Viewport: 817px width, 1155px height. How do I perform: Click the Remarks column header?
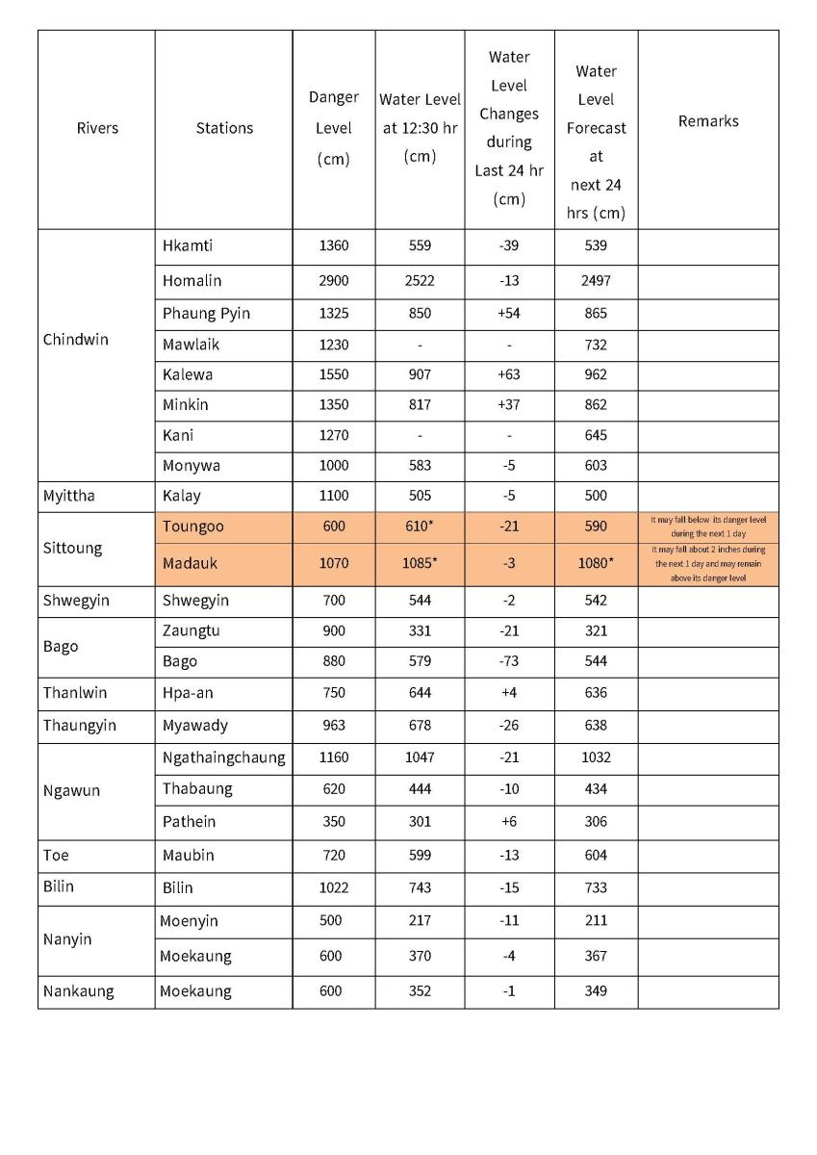[x=708, y=121]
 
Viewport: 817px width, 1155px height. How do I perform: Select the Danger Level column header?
[x=333, y=128]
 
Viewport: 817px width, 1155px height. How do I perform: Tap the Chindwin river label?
[x=76, y=340]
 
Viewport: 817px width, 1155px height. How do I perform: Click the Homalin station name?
[x=191, y=281]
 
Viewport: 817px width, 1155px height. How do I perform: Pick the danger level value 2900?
[x=333, y=281]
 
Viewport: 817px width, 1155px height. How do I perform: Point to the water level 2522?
[x=420, y=281]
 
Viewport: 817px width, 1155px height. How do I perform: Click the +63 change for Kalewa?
[x=509, y=374]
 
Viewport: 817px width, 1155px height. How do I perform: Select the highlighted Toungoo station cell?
[x=192, y=527]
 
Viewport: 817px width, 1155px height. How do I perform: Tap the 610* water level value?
[x=421, y=527]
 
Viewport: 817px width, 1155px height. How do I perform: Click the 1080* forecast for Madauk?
[x=597, y=563]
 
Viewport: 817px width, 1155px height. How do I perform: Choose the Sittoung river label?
[x=72, y=548]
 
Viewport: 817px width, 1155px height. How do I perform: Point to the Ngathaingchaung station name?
[x=223, y=757]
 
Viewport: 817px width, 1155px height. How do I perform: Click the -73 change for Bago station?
[x=509, y=661]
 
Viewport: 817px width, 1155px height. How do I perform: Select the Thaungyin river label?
[x=79, y=725]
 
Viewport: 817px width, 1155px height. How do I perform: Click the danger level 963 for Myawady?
[x=333, y=725]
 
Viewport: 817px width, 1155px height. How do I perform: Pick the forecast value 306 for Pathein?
[x=596, y=821]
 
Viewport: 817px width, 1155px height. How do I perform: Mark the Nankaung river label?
[x=78, y=990]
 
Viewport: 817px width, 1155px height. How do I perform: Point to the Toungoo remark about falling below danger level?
[x=708, y=526]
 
